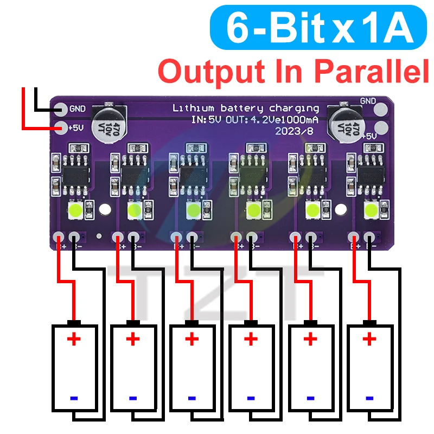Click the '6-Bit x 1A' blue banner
pyautogui.click(x=319, y=28)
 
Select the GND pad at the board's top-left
pyautogui.click(x=61, y=109)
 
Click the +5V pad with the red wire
pyautogui.click(x=61, y=129)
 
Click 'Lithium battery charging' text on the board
pyautogui.click(x=245, y=108)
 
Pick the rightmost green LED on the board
pyautogui.click(x=372, y=209)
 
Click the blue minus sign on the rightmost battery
pyautogui.click(x=369, y=398)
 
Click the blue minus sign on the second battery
pyautogui.click(x=133, y=398)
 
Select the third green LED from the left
pyautogui.click(x=193, y=209)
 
